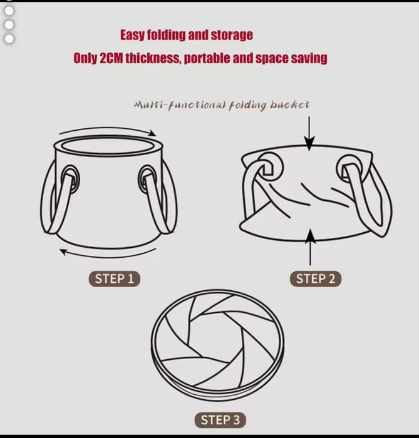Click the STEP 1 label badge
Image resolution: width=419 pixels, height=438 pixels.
(x=115, y=279)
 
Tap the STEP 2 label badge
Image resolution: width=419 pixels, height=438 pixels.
(x=316, y=279)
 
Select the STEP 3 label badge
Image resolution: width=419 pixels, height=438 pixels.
(x=220, y=420)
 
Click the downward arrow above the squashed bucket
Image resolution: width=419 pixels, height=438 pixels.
(x=309, y=134)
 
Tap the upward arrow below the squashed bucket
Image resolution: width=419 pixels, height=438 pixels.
(x=310, y=247)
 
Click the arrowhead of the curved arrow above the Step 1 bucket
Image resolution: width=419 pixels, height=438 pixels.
(x=153, y=133)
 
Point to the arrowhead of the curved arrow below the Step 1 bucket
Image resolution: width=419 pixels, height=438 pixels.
(x=63, y=252)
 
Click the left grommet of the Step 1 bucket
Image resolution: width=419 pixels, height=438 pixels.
(x=70, y=180)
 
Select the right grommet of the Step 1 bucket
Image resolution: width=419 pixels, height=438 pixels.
(x=147, y=180)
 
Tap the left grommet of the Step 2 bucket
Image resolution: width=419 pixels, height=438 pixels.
(x=269, y=168)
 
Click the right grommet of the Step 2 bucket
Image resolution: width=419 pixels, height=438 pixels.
(x=351, y=168)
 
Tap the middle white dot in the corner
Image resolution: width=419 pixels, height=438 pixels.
(x=9, y=25)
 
